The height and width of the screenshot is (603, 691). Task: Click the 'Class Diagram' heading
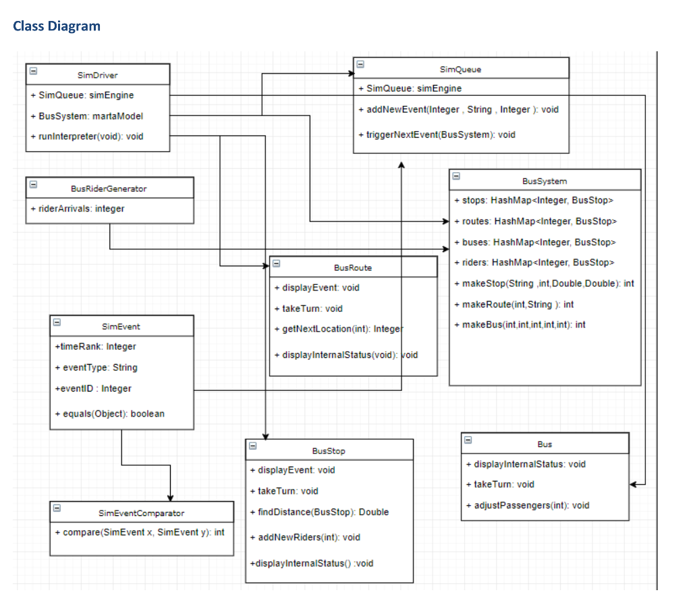[x=57, y=26]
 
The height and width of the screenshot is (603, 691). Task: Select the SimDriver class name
[x=98, y=75]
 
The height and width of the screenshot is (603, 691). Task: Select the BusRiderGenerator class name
[x=109, y=188]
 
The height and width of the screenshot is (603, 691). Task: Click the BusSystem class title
[x=544, y=181]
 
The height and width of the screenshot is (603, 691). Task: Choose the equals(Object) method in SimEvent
[x=110, y=413]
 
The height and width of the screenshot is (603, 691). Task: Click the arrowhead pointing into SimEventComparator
[x=169, y=497]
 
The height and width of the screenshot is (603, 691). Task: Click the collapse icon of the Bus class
[x=468, y=439]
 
